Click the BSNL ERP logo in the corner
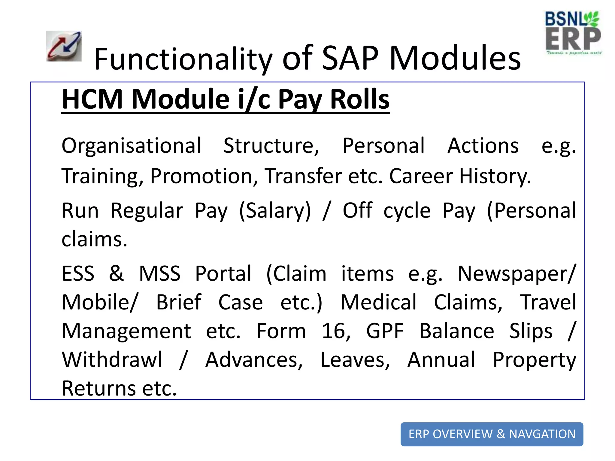[x=573, y=33]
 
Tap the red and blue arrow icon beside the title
[x=64, y=46]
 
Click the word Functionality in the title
[x=183, y=59]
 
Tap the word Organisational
[x=131, y=146]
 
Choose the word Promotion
[x=204, y=176]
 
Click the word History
[x=495, y=176]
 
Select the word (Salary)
[x=275, y=211]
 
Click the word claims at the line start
[x=94, y=240]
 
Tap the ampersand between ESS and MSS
[x=116, y=273]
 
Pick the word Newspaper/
[x=517, y=274]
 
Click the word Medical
[x=378, y=303]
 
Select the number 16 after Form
[x=335, y=331]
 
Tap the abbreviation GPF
[x=385, y=331]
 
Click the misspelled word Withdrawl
[x=112, y=360]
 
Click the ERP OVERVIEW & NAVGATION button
[x=492, y=434]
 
